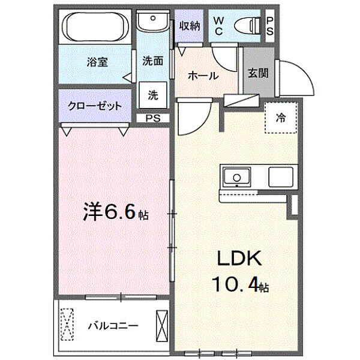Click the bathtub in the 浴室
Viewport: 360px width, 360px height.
[95, 26]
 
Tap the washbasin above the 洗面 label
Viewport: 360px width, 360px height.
[152, 20]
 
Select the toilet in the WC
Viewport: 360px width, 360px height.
[247, 26]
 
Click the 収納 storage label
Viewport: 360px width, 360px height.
[190, 26]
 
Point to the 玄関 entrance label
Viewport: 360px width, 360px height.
[258, 73]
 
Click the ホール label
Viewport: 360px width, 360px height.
[203, 76]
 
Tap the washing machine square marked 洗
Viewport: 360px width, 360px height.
[153, 95]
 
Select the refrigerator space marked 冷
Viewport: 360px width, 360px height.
[281, 118]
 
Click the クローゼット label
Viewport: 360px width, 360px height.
[95, 106]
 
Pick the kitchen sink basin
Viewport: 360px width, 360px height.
[237, 177]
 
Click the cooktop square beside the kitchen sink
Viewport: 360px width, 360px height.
[281, 177]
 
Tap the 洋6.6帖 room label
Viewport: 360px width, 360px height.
[116, 211]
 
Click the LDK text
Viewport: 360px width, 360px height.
[239, 258]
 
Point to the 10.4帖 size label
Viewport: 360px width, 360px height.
[240, 284]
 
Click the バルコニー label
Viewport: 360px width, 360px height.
[113, 326]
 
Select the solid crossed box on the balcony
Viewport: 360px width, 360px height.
[162, 326]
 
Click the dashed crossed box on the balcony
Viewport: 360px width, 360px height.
[67, 324]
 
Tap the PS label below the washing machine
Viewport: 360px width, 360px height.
[153, 118]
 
